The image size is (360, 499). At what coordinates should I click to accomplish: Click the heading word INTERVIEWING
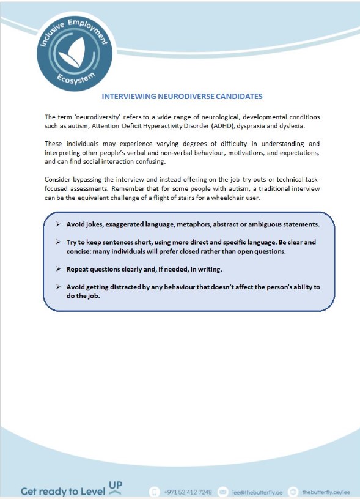click(132, 97)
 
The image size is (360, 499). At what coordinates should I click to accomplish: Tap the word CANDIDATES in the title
click(237, 97)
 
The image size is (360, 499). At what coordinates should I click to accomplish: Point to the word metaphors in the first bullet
click(209, 224)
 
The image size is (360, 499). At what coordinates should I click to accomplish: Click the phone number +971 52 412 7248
click(188, 492)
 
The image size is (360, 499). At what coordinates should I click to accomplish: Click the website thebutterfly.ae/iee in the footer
click(326, 492)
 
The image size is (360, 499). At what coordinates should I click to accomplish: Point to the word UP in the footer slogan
click(115, 486)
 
